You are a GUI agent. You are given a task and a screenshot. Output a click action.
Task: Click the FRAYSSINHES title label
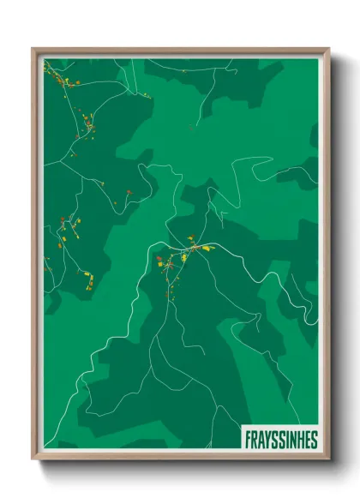280,440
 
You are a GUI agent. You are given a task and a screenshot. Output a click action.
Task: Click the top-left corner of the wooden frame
33,49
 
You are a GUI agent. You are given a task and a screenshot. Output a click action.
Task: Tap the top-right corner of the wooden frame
328,49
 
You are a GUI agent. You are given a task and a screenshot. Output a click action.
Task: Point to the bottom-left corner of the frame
33,459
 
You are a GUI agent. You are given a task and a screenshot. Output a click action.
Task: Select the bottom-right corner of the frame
328,459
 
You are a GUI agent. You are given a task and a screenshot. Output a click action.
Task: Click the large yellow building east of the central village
206,249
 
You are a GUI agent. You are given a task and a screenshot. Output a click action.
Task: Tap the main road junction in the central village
183,254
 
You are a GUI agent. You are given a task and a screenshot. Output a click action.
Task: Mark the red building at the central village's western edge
158,257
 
